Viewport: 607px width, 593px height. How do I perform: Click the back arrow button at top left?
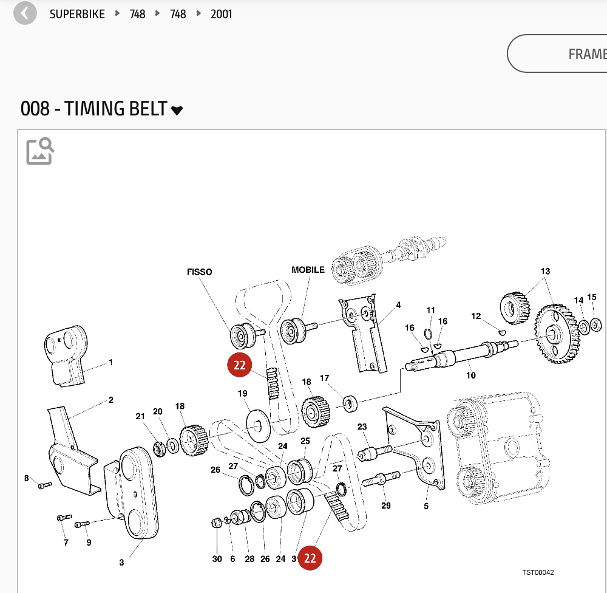[x=25, y=13]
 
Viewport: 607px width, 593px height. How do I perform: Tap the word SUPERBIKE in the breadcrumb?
[x=77, y=14]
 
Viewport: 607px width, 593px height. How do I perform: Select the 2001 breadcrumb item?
[x=222, y=14]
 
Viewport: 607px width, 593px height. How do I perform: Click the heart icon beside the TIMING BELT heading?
[x=177, y=111]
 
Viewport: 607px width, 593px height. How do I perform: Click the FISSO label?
[x=199, y=272]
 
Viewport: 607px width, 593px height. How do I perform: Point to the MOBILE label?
[x=308, y=270]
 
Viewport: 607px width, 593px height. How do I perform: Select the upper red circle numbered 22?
[x=239, y=365]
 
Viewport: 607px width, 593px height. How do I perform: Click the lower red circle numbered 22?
[x=310, y=558]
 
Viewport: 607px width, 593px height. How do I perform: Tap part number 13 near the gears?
[x=545, y=271]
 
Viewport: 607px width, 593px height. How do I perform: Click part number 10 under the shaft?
[x=470, y=375]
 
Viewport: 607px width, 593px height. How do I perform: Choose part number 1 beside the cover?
[x=110, y=363]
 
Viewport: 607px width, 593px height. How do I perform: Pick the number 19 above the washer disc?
[x=242, y=393]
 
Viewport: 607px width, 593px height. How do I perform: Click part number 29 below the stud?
[x=385, y=506]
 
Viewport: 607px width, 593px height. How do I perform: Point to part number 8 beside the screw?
[x=27, y=478]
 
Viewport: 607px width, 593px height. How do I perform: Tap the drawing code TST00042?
[x=538, y=572]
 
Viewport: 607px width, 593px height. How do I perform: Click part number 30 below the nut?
[x=217, y=559]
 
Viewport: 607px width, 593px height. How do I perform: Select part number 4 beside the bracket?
[x=398, y=305]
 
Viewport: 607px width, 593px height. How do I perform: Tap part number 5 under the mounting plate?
[x=426, y=506]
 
